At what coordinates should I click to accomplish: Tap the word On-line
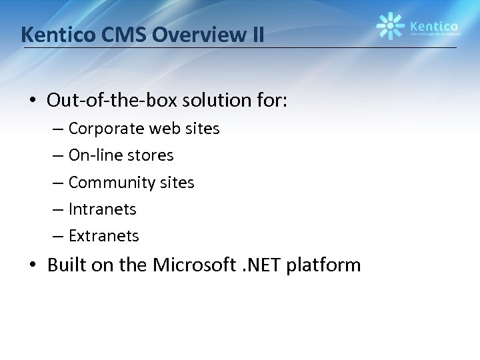pos(93,155)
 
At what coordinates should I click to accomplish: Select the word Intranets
pos(102,209)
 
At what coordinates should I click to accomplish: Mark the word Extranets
pos(103,235)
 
